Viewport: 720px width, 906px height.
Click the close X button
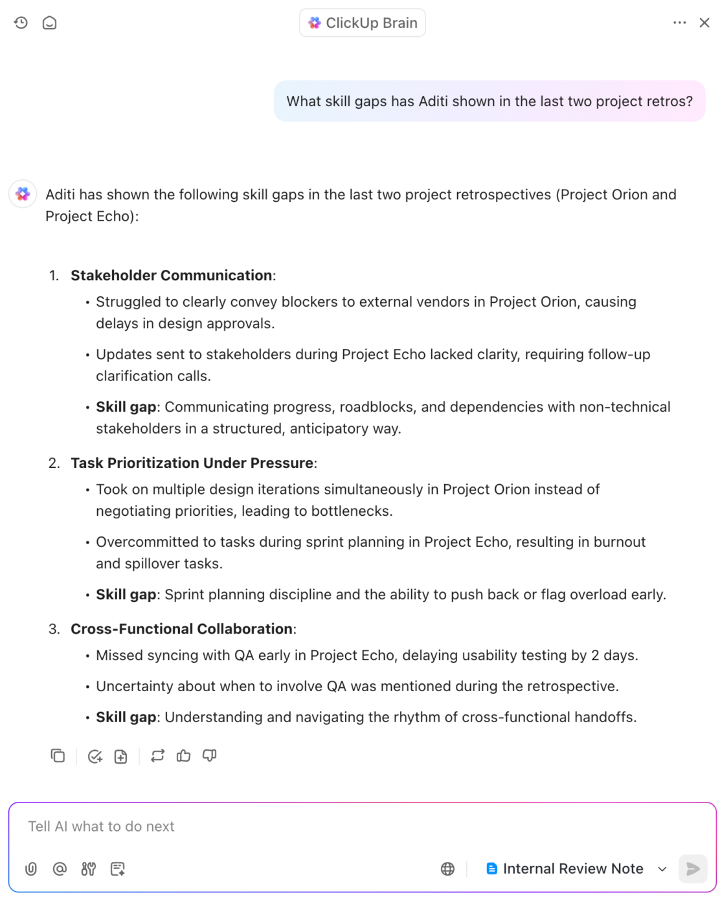tap(704, 23)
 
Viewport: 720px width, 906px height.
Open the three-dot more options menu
tap(679, 23)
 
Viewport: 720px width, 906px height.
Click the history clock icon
tap(21, 23)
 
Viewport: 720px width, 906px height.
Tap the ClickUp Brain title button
tap(362, 23)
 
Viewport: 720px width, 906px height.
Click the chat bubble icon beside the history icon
tap(50, 23)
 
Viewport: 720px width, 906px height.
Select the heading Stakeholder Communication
tap(172, 275)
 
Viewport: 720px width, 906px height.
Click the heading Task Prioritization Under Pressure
tap(192, 463)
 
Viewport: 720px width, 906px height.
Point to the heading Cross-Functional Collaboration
tap(182, 629)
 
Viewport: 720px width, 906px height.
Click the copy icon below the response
tap(58, 756)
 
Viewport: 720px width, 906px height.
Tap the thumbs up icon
tap(184, 756)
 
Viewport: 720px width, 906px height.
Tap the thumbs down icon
tap(209, 756)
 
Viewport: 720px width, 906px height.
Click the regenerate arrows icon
tap(157, 756)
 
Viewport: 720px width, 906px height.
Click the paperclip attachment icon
tap(31, 868)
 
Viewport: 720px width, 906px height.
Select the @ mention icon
tap(60, 868)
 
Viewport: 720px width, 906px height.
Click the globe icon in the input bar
tap(447, 868)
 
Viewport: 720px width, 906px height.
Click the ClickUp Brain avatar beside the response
tap(23, 194)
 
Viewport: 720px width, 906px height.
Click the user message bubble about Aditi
tap(489, 102)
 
